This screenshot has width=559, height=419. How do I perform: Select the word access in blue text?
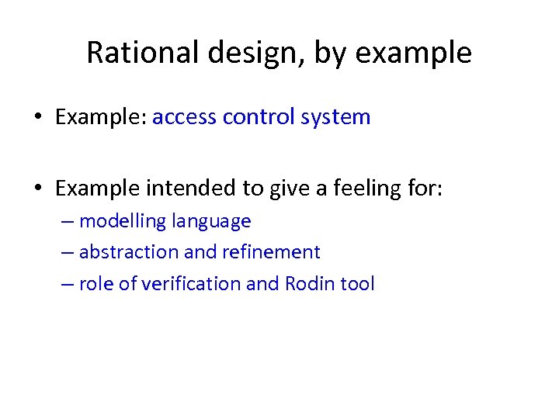tap(185, 117)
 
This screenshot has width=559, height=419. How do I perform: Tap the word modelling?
tap(123, 221)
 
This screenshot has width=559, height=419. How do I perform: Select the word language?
tap(211, 222)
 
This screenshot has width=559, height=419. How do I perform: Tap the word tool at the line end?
tap(358, 284)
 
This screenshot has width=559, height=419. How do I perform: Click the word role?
tap(95, 284)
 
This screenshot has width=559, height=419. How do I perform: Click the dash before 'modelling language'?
tap(68, 222)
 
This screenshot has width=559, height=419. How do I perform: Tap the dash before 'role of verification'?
tap(68, 285)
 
